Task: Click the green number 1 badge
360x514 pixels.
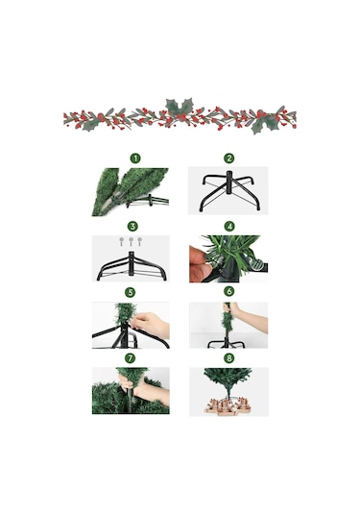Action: (135, 159)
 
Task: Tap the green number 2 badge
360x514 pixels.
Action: (229, 159)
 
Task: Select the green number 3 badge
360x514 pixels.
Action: (132, 226)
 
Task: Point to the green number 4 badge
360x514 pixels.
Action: (229, 226)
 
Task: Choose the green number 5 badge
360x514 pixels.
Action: (131, 292)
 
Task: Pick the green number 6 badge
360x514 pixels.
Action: (228, 291)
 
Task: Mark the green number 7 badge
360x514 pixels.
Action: (131, 358)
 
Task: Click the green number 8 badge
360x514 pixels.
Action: (228, 358)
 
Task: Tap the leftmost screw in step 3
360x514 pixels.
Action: (122, 241)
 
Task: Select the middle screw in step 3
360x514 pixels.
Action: (131, 241)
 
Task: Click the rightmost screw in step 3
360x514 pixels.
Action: (140, 241)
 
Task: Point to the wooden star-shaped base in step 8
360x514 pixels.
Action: (228, 404)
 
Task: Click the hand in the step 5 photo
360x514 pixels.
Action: (151, 324)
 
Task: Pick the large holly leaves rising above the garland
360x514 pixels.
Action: (180, 107)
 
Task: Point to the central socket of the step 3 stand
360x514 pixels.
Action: (132, 261)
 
